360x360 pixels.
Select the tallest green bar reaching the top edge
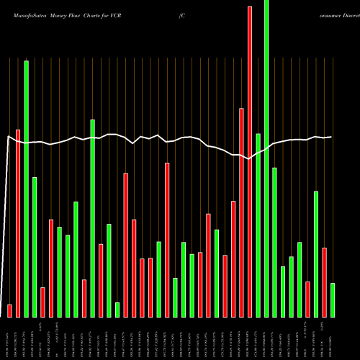[266, 158]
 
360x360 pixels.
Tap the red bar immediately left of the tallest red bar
[242, 212]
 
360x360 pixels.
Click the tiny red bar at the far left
[9, 310]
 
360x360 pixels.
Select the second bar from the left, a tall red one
[18, 223]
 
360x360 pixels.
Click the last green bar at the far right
[333, 300]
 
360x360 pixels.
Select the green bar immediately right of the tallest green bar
[274, 242]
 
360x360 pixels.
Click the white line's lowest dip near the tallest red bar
[248, 159]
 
